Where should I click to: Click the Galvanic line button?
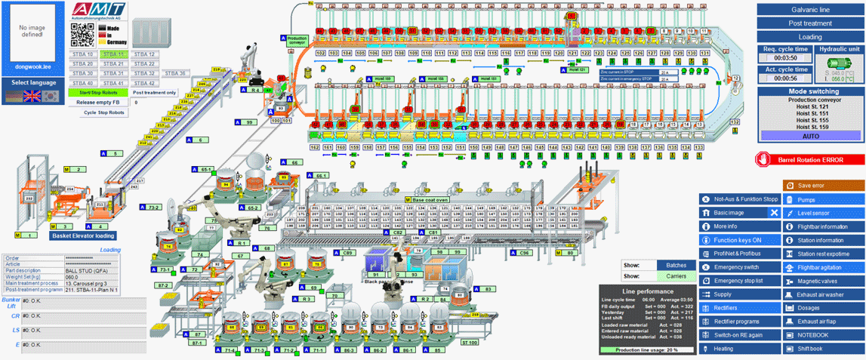(810, 10)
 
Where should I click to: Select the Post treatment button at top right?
(810, 23)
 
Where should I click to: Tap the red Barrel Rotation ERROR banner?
(810, 160)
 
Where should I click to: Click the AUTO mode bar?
(810, 135)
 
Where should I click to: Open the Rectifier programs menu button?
(738, 322)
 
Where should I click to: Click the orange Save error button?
(823, 185)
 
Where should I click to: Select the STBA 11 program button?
(114, 54)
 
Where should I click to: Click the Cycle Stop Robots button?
(103, 112)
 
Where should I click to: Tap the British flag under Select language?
(32, 96)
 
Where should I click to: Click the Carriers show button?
(676, 276)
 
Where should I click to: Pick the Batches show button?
(676, 265)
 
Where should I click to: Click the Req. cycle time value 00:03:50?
(785, 57)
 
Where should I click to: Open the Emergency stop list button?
(738, 281)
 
